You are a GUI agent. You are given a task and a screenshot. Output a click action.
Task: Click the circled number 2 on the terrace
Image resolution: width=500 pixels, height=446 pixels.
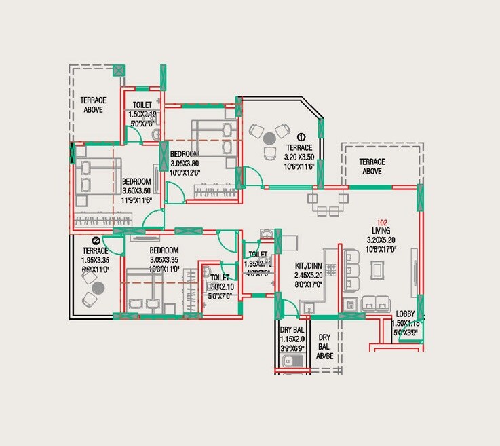pyautogui.click(x=96, y=240)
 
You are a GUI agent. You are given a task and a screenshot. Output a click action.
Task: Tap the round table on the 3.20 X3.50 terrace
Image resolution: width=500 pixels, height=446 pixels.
pyautogui.click(x=269, y=137)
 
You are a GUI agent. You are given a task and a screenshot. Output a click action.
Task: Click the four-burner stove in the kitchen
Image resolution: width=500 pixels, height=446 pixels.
pyautogui.click(x=331, y=270)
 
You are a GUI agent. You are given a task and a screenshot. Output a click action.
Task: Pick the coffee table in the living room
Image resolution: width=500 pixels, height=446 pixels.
pyautogui.click(x=376, y=270)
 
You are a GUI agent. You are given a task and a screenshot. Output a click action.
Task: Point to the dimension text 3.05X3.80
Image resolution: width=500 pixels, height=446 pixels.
pyautogui.click(x=185, y=163)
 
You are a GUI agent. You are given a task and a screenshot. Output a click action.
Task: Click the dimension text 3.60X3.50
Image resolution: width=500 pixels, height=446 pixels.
pyautogui.click(x=136, y=191)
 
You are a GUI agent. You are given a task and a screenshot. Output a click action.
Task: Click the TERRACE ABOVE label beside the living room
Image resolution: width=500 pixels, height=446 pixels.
pyautogui.click(x=372, y=166)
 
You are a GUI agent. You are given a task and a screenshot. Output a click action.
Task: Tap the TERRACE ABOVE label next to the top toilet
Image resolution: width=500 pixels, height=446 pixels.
pyautogui.click(x=93, y=104)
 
